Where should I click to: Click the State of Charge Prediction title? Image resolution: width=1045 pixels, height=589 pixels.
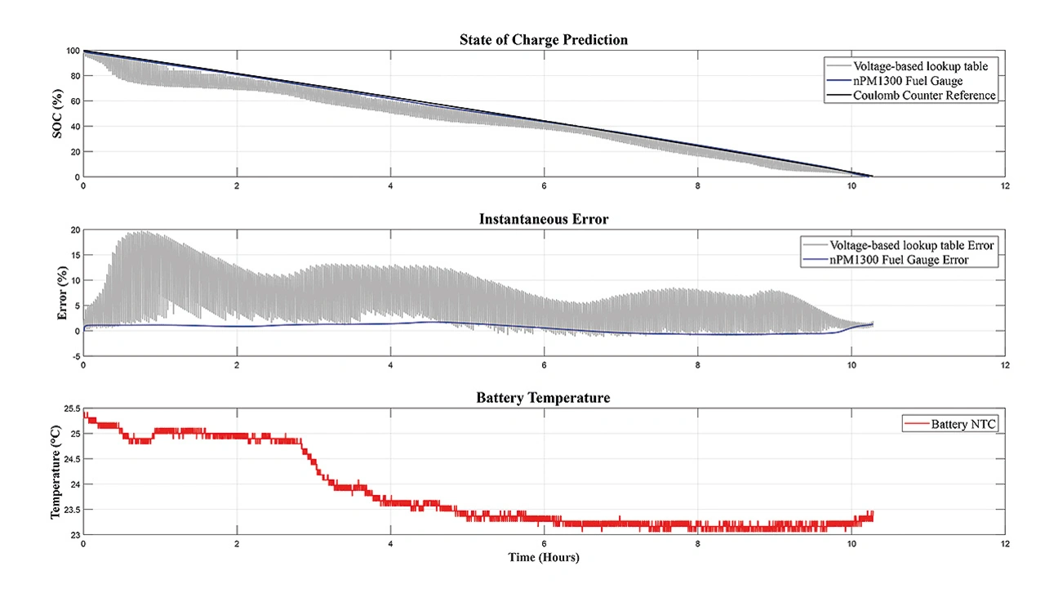click(543, 39)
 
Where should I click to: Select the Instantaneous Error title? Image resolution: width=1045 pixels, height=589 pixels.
click(543, 219)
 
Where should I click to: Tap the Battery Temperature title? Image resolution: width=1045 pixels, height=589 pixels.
click(543, 398)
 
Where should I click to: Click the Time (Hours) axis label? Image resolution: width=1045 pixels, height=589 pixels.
click(543, 558)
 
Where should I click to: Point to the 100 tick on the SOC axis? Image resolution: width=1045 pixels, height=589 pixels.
click(72, 51)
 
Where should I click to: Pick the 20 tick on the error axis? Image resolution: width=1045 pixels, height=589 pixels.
click(73, 230)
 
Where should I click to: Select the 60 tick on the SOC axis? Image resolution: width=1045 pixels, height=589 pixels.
click(73, 101)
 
